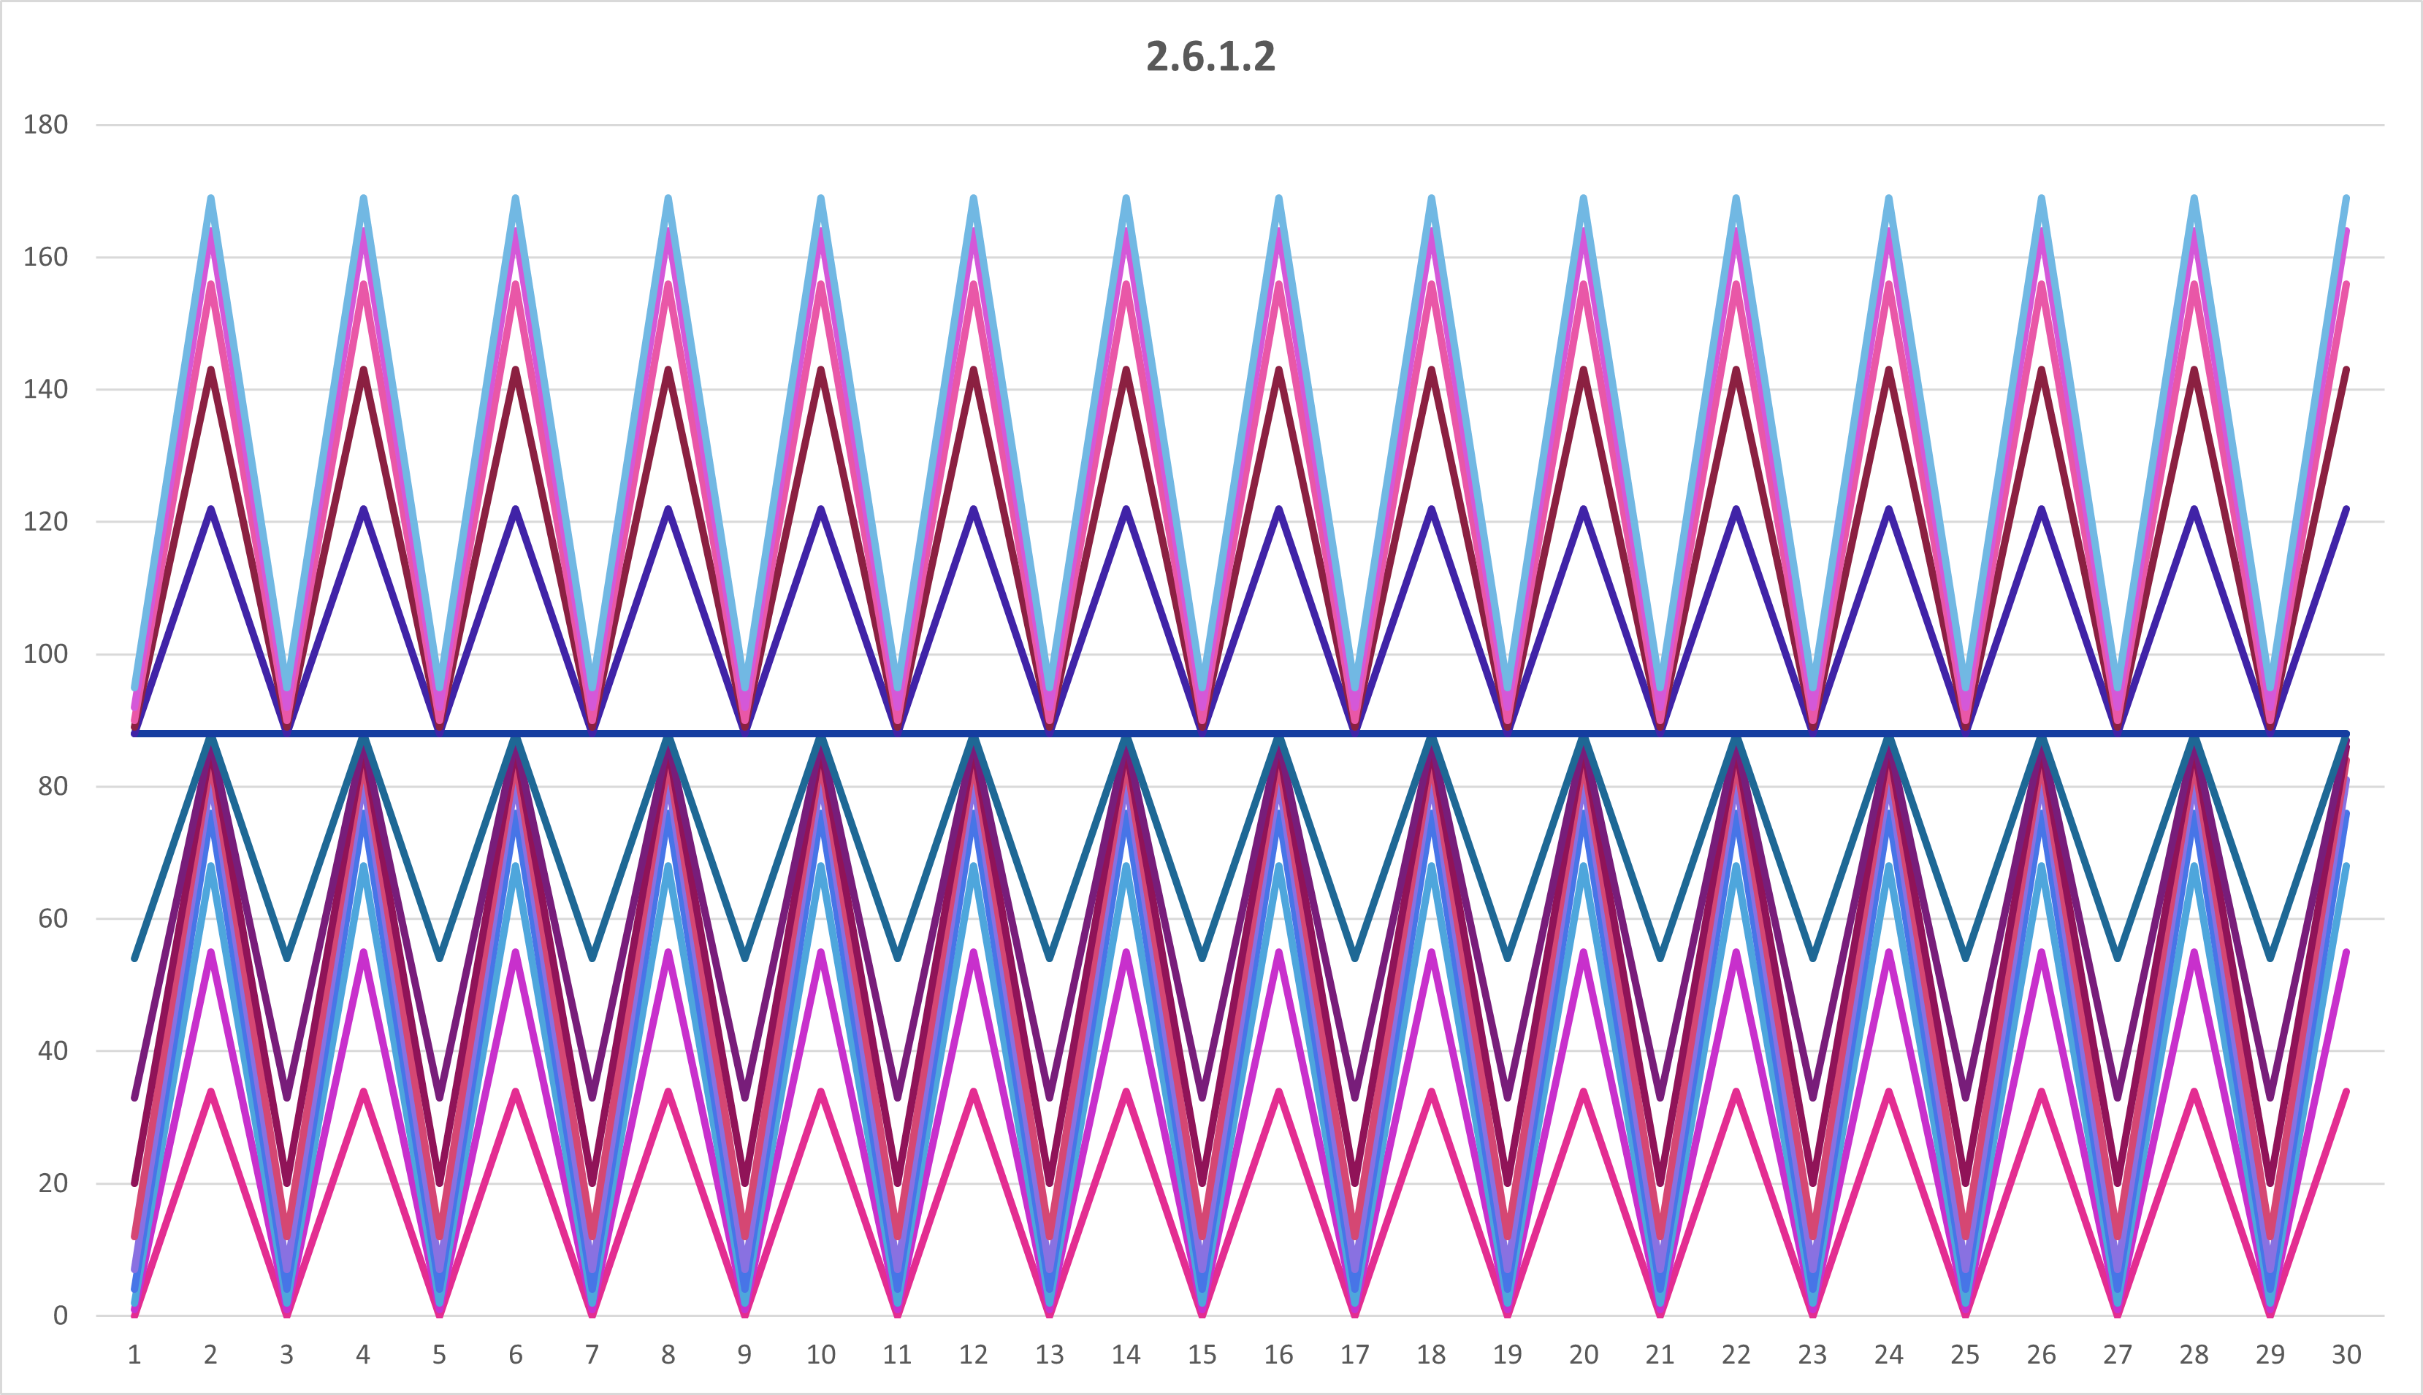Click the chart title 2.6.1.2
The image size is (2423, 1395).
click(x=1210, y=56)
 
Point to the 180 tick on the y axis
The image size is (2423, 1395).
click(x=45, y=125)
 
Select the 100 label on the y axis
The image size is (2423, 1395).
click(x=45, y=654)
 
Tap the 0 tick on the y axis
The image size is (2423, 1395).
click(x=59, y=1315)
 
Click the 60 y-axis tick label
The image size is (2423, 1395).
click(x=52, y=919)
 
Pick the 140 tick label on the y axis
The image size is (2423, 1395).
click(x=45, y=389)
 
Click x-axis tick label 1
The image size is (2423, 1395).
click(x=134, y=1355)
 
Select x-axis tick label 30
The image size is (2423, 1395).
click(x=2346, y=1355)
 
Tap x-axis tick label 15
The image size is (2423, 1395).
click(x=1202, y=1355)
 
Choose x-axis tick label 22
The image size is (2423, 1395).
click(x=1736, y=1355)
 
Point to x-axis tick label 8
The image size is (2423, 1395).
click(x=668, y=1355)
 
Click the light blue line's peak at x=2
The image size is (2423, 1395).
click(x=211, y=199)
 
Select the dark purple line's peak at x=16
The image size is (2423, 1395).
click(x=1278, y=509)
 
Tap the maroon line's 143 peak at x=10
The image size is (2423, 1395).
click(x=821, y=370)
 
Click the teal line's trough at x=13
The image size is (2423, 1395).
click(x=1050, y=957)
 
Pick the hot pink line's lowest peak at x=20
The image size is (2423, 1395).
click(x=1584, y=1091)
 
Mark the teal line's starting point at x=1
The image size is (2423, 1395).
click(x=134, y=957)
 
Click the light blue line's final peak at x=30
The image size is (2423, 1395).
click(x=2346, y=199)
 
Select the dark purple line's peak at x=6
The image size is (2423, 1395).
click(x=516, y=509)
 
